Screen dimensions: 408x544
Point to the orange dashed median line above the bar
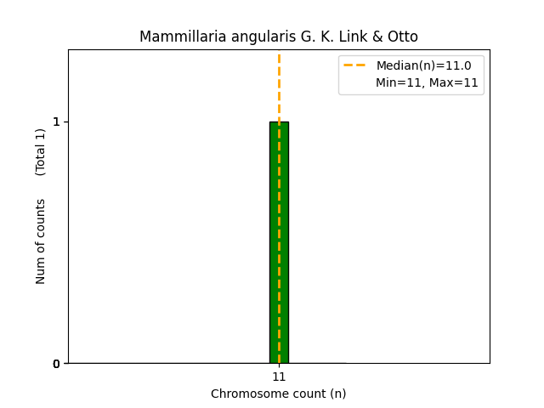tap(279, 85)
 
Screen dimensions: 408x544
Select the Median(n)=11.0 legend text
tap(423, 65)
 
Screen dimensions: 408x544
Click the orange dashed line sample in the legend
tap(355, 65)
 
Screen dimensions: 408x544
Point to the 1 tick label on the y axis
tap(56, 122)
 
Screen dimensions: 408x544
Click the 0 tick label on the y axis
tap(56, 364)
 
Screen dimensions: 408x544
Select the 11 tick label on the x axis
tap(279, 377)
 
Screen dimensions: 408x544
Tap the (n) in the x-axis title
tap(337, 394)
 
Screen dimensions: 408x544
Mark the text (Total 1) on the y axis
tap(41, 152)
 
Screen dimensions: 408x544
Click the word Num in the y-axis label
tap(41, 271)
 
